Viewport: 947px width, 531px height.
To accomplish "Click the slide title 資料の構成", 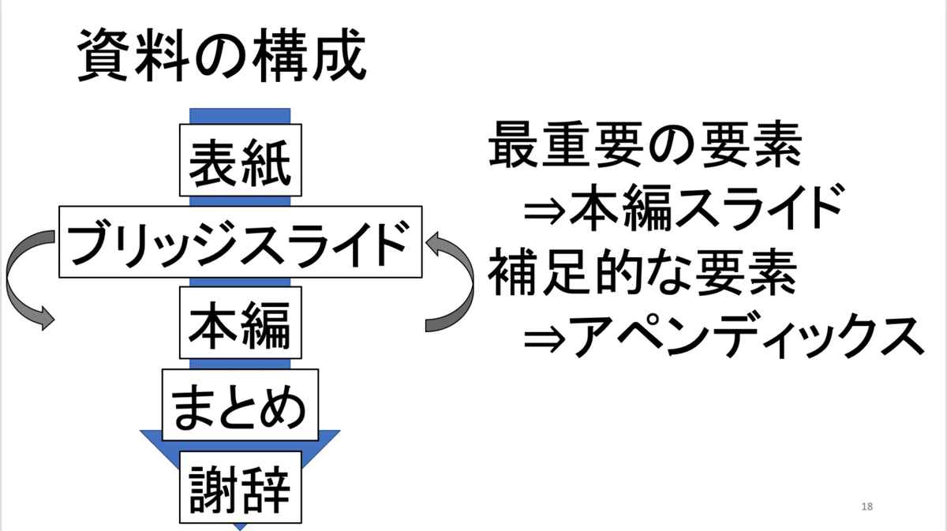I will tap(222, 57).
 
